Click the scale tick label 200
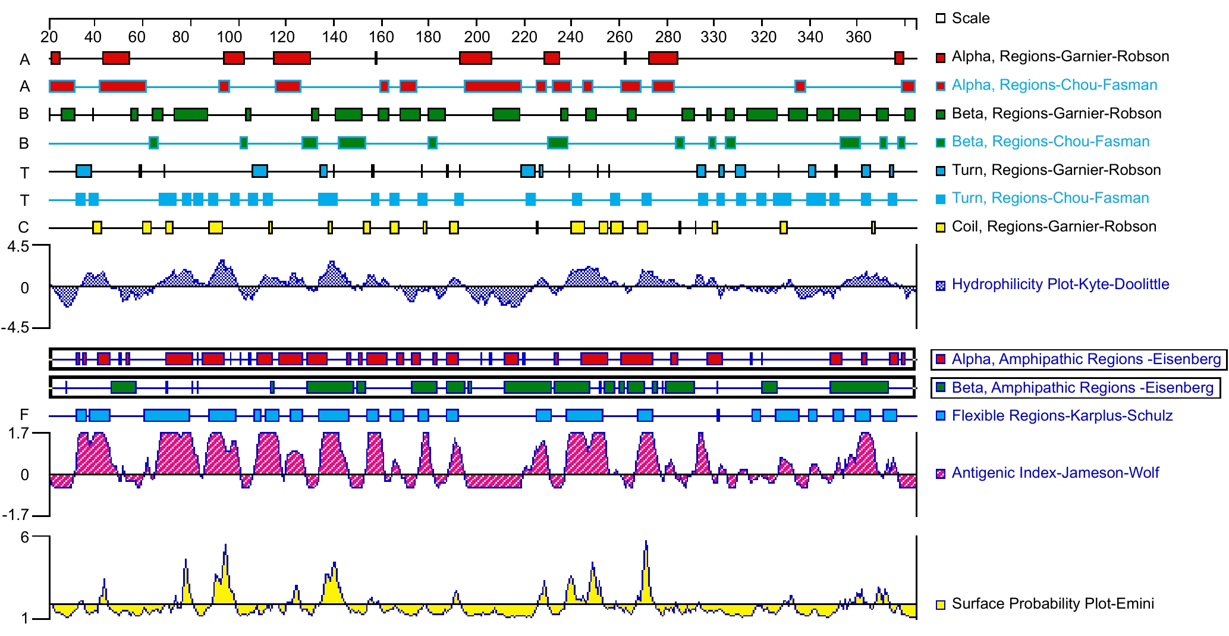pyautogui.click(x=476, y=37)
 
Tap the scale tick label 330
pyautogui.click(x=713, y=37)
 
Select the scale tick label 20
pyautogui.click(x=49, y=37)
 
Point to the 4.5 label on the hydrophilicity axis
pyautogui.click(x=17, y=246)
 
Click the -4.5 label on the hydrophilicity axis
pyautogui.click(x=15, y=328)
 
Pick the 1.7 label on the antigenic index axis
pyautogui.click(x=18, y=433)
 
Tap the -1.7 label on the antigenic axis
pyautogui.click(x=15, y=515)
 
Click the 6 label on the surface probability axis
pyautogui.click(x=24, y=537)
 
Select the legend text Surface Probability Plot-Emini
pyautogui.click(x=1052, y=604)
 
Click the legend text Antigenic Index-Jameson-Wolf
pyautogui.click(x=1055, y=473)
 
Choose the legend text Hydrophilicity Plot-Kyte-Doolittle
pyautogui.click(x=1060, y=284)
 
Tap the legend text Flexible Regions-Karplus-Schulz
pyautogui.click(x=1062, y=416)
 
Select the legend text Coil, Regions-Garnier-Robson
pyautogui.click(x=1054, y=227)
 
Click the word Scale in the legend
pyautogui.click(x=970, y=18)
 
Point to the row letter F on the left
pyautogui.click(x=24, y=415)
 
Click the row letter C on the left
pyautogui.click(x=23, y=227)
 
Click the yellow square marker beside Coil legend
pyautogui.click(x=941, y=227)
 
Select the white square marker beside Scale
pyautogui.click(x=941, y=18)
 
